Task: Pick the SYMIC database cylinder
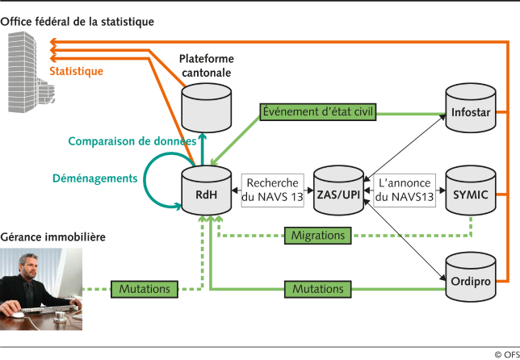471,191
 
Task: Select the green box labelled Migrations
318,236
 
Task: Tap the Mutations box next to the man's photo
145,288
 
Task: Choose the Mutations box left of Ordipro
318,288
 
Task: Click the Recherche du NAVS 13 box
273,190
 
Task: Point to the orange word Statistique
77,71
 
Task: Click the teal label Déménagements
94,178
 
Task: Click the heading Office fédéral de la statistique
78,21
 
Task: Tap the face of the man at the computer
23,266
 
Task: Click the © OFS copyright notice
501,354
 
